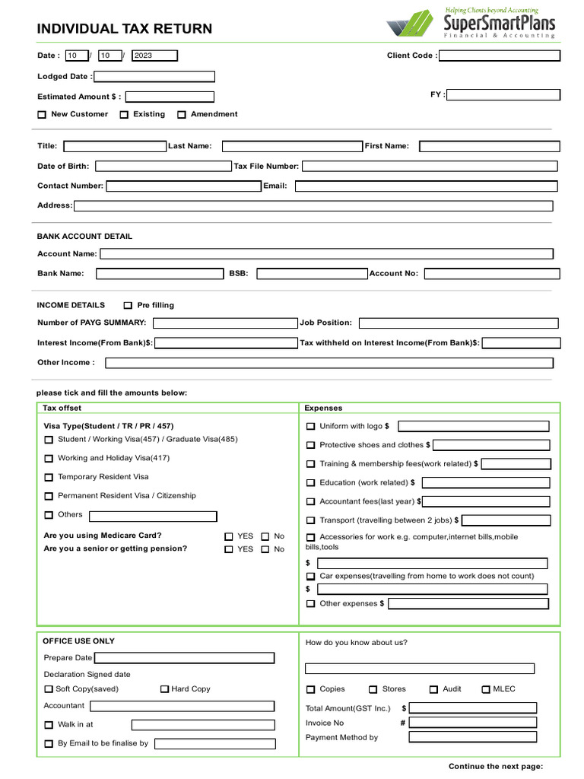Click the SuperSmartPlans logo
click(x=471, y=23)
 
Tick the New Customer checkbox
click(x=42, y=115)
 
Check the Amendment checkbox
click(x=182, y=115)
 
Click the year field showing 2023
click(x=154, y=56)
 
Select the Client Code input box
click(x=500, y=56)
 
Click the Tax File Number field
click(x=430, y=166)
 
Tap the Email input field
click(x=426, y=186)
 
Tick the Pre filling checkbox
click(x=128, y=306)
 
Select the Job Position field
click(x=459, y=323)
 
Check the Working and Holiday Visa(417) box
click(x=49, y=459)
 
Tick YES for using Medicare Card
click(x=229, y=536)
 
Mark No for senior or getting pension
click(x=265, y=549)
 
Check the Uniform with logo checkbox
click(x=310, y=427)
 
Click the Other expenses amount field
click(x=468, y=603)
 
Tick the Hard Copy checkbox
click(x=164, y=689)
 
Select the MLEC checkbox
click(x=486, y=689)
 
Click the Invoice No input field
click(x=472, y=723)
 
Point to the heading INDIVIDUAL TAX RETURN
click(x=125, y=30)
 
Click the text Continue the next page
click(x=496, y=766)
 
